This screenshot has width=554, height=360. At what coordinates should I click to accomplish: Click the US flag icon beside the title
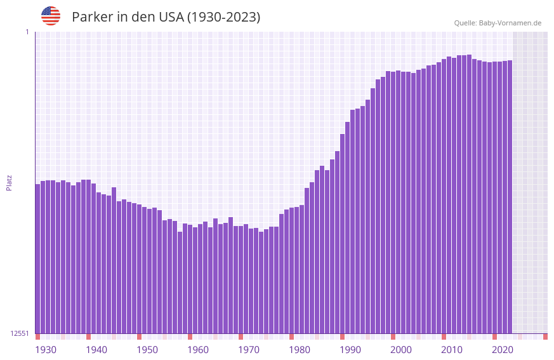click(51, 16)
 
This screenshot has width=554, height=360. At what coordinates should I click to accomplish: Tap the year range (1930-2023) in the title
click(223, 17)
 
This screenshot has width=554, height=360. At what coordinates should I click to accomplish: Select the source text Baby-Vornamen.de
click(510, 23)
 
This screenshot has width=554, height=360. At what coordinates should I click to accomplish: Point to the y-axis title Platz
click(9, 182)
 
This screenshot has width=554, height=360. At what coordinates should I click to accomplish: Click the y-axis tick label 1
click(27, 32)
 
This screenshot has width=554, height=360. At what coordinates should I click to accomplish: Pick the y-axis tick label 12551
click(20, 333)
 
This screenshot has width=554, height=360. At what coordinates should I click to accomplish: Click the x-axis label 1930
click(46, 350)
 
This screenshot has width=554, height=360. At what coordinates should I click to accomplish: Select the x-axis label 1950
click(147, 350)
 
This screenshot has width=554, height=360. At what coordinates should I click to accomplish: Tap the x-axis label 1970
click(249, 350)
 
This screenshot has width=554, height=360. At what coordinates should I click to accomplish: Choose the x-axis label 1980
click(300, 350)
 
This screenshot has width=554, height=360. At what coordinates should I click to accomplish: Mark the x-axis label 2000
click(401, 350)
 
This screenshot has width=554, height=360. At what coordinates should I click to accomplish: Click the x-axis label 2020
click(503, 350)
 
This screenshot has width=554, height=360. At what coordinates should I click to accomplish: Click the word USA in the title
click(169, 17)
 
